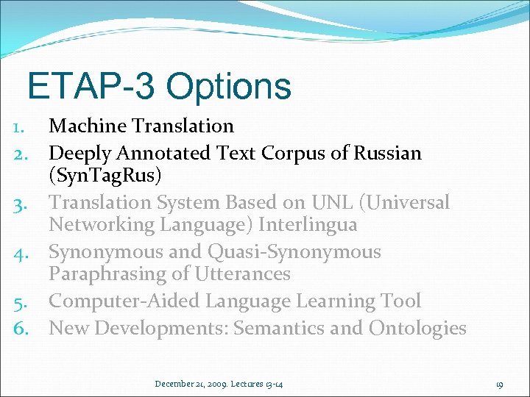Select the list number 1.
click(21, 127)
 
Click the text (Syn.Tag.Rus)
click(106, 176)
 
